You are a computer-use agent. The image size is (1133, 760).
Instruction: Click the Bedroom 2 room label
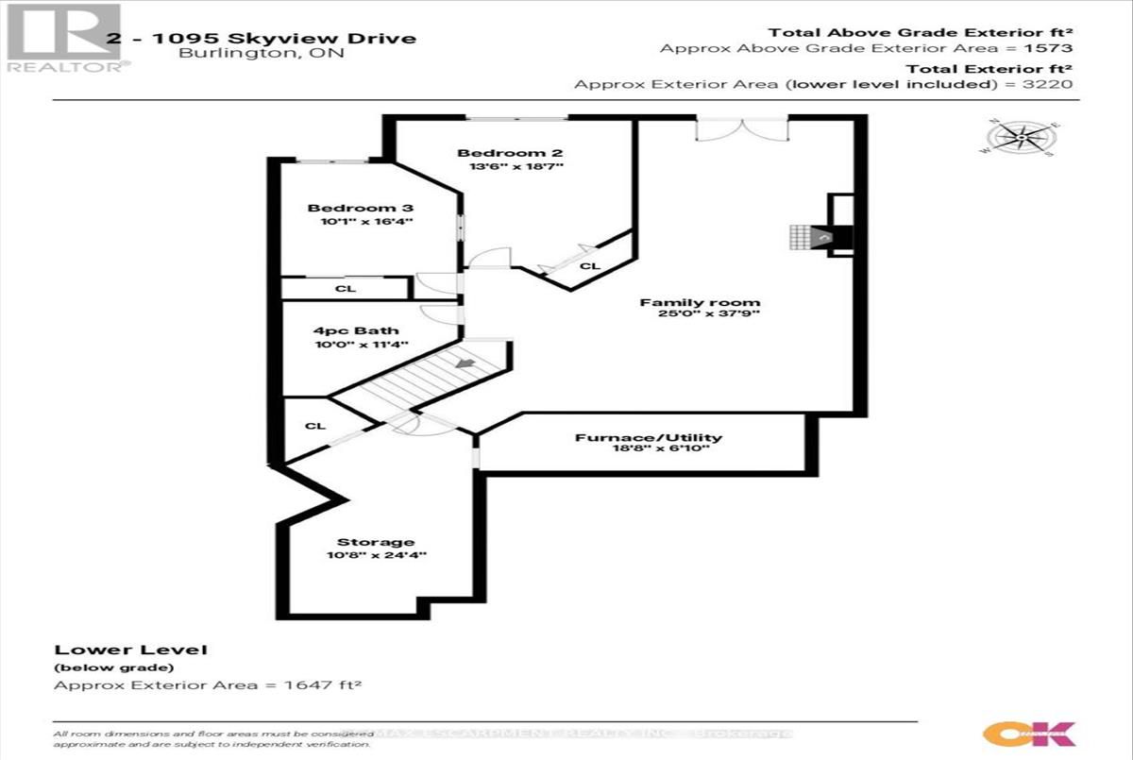coord(501,153)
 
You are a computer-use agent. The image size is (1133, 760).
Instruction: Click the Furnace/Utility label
coord(649,437)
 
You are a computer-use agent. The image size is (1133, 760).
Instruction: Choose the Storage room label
coord(376,542)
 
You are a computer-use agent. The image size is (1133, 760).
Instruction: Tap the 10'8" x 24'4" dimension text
coord(376,555)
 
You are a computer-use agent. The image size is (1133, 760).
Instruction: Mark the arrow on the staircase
coord(465,362)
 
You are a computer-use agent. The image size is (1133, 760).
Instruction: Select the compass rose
coord(1022,139)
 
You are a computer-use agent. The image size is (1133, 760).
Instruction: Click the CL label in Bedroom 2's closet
coord(590,266)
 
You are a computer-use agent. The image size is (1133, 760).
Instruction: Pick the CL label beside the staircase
coord(315,426)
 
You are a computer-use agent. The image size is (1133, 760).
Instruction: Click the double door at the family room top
coord(741,129)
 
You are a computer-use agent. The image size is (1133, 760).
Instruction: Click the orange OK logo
coord(1028,734)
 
